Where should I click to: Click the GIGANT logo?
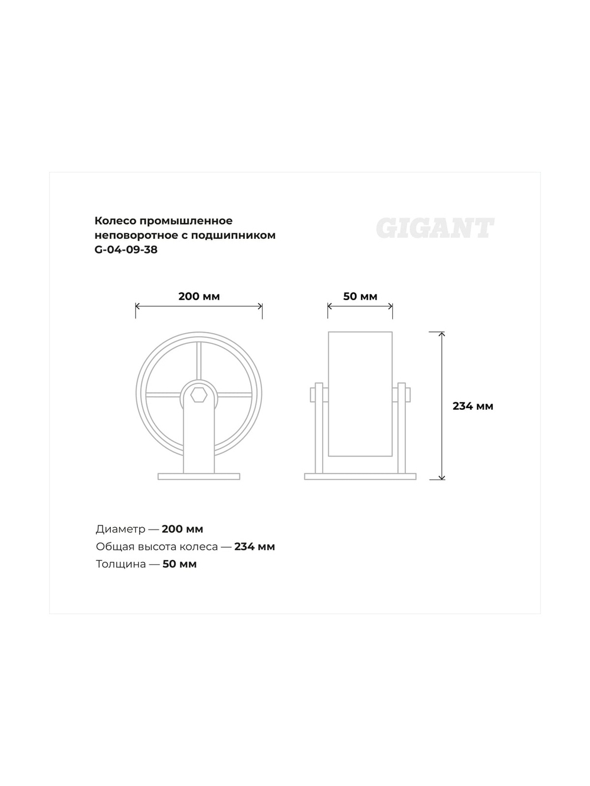(x=435, y=228)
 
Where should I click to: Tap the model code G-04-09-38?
(x=126, y=249)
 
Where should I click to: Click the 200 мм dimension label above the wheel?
(x=199, y=296)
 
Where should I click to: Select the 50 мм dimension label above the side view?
(x=360, y=296)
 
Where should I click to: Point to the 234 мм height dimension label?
(x=473, y=406)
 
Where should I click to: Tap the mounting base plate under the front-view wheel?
(x=199, y=476)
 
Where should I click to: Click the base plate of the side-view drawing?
(x=360, y=476)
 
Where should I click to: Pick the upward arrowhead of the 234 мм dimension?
(x=442, y=334)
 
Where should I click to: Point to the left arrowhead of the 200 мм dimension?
(x=138, y=306)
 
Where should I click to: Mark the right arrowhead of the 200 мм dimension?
(x=260, y=306)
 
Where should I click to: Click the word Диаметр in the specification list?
(x=120, y=529)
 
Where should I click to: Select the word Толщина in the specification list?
(x=120, y=564)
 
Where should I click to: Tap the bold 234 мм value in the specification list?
(x=254, y=547)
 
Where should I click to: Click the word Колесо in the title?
(x=115, y=221)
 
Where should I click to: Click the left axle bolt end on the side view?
(x=312, y=394)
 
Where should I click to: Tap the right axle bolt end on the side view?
(x=408, y=394)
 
